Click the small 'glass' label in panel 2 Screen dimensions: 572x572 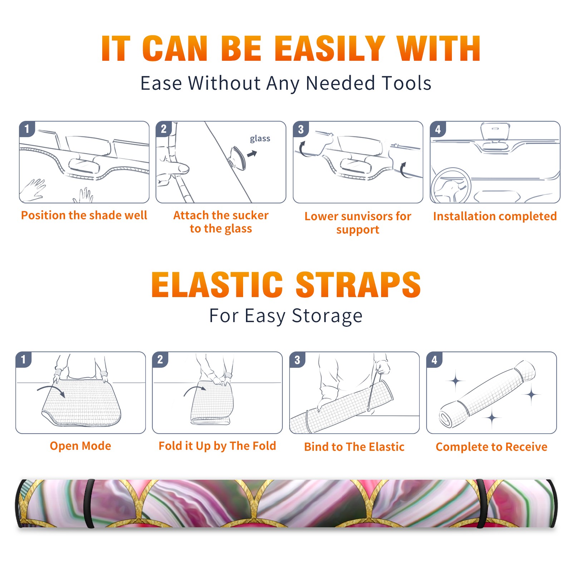pos(260,139)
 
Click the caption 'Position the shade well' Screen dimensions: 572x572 pos(84,215)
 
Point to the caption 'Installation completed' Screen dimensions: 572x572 pos(495,216)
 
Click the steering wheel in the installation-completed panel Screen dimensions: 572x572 pos(451,186)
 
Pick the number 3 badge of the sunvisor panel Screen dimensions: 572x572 pos(301,129)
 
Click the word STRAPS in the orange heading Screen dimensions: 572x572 pos(359,285)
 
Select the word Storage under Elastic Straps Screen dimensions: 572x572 pos(327,316)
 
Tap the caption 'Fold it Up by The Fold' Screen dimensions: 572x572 pos(217,446)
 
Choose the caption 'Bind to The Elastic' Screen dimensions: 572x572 pos(354,447)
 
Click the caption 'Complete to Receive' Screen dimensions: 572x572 pos(492,447)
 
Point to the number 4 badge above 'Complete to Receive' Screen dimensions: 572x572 pos(434,360)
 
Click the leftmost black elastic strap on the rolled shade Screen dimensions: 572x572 pos(89,503)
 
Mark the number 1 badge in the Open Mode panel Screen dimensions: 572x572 pos(24,359)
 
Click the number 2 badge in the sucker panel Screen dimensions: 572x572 pos(164,129)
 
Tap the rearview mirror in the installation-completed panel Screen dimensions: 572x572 pos(495,132)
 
